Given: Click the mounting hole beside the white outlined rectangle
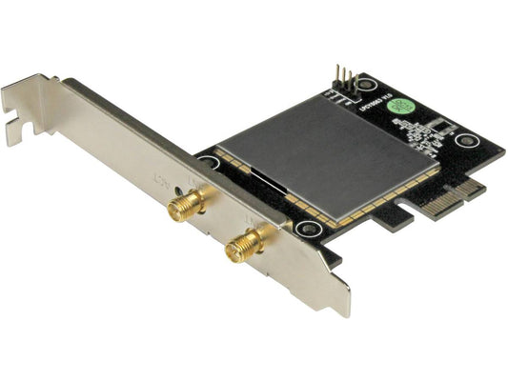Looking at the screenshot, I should pyautogui.click(x=465, y=142).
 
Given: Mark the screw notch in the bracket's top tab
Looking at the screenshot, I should pyautogui.click(x=19, y=123).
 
